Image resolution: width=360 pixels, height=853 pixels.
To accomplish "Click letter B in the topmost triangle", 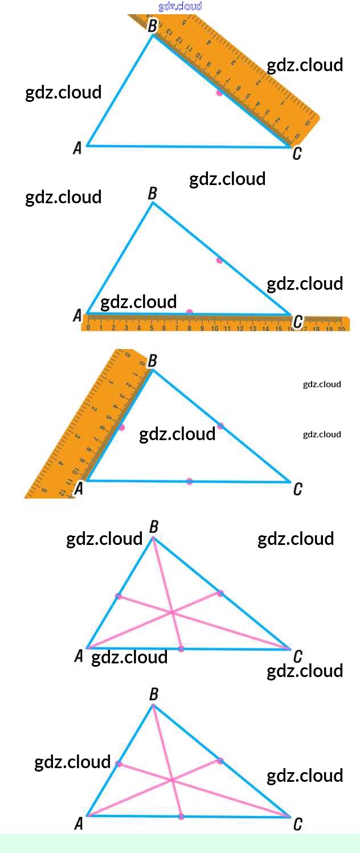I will point(153,26).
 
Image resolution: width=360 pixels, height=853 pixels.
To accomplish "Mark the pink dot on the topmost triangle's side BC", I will point(219,92).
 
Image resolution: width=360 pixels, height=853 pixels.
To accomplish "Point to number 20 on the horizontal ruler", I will point(341,329).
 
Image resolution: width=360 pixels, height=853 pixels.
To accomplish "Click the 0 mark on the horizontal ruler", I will point(88,327).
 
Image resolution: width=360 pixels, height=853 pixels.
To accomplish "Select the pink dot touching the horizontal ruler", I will point(190,312).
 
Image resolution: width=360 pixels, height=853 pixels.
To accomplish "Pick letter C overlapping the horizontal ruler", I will point(297,323).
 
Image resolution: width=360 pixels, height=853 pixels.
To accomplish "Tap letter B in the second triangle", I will point(153,194).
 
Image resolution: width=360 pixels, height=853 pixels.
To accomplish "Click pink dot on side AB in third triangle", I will point(121,427).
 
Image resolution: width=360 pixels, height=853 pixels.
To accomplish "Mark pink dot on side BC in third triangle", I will point(220,426).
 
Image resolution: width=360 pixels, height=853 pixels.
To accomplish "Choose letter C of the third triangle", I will point(297,489).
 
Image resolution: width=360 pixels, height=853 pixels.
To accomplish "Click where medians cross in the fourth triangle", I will point(172,613).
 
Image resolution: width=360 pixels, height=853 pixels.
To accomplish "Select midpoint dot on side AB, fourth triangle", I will point(118,596).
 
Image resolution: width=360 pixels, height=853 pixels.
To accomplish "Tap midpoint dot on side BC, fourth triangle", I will point(220,593).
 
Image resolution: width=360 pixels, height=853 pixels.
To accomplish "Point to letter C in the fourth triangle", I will point(297,657).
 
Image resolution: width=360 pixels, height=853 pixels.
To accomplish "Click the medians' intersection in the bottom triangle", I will point(172,780).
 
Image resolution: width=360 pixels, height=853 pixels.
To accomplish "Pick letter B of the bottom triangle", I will point(153,694).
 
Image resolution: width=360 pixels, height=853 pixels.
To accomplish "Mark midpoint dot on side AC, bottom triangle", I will point(181,817).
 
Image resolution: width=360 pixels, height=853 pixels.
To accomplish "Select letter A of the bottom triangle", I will point(79,823).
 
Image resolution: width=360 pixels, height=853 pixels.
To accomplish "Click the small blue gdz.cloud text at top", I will point(180,6).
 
